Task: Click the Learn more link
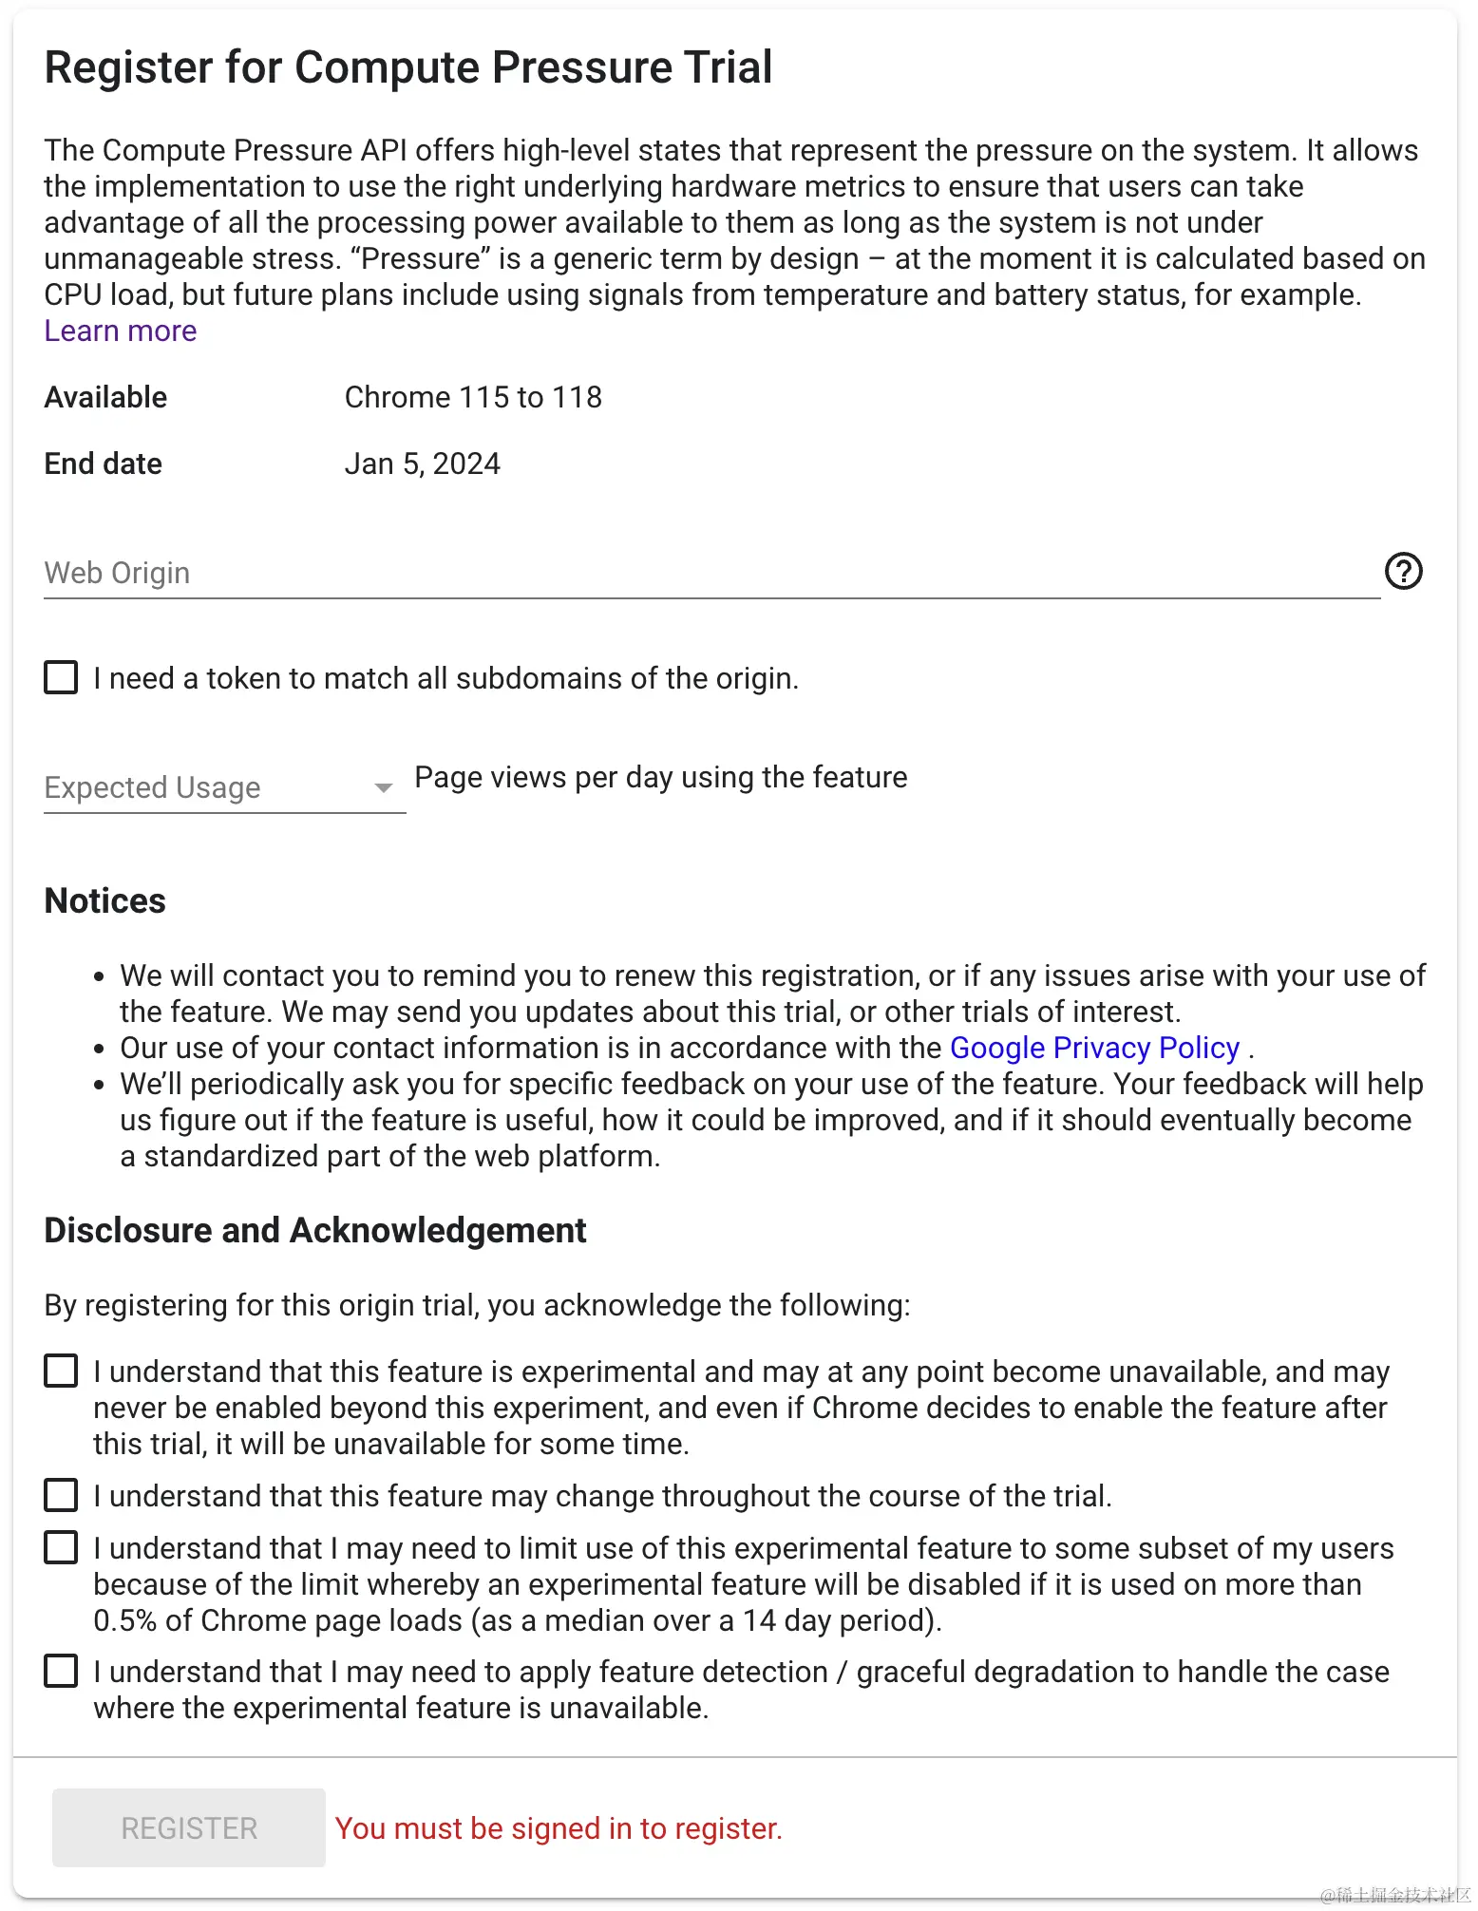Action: click(121, 331)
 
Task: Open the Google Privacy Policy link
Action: click(1094, 1048)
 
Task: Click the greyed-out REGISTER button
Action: click(189, 1827)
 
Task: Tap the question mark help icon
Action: click(1403, 571)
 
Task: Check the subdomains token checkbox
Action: click(62, 678)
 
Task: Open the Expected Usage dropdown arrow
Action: click(384, 787)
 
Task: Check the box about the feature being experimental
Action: click(62, 1371)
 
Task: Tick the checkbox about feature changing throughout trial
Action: click(62, 1495)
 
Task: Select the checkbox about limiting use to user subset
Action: click(62, 1547)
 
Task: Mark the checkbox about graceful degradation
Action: click(62, 1671)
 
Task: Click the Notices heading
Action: click(105, 900)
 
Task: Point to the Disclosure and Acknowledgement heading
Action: click(315, 1230)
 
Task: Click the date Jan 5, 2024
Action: click(422, 464)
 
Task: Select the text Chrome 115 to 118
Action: click(473, 397)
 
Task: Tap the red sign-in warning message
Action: click(559, 1828)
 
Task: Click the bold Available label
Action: click(105, 397)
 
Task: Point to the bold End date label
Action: click(104, 464)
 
